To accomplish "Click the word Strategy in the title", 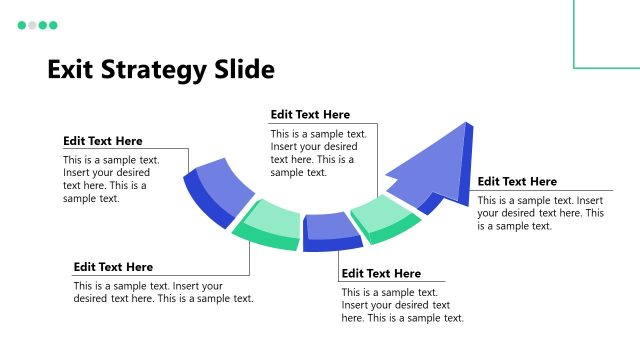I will point(153,69).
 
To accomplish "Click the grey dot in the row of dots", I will point(32,25).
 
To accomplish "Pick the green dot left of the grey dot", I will point(22,25).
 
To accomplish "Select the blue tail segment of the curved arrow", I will point(222,185).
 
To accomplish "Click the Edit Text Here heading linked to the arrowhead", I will point(517,181).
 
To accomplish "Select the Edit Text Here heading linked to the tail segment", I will point(103,141).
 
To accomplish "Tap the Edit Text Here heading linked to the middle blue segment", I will point(381,273).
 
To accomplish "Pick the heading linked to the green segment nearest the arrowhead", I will point(310,115).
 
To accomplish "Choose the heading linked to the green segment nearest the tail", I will point(113,267).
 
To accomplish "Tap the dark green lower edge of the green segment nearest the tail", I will point(265,241).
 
